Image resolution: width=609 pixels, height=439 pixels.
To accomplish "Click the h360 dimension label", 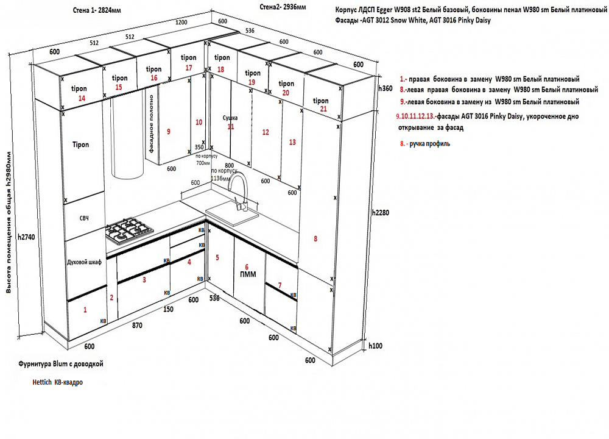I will [x=385, y=88].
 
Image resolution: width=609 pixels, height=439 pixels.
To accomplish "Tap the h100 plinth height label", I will [x=376, y=346].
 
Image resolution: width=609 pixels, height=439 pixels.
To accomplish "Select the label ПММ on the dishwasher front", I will [x=247, y=274].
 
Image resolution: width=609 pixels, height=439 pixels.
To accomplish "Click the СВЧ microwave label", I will [x=84, y=218].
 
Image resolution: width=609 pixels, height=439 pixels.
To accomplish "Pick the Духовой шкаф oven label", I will [x=84, y=262].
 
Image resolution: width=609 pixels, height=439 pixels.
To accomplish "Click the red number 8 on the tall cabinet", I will [x=315, y=238].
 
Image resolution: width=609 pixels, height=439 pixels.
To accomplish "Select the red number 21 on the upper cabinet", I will [x=323, y=109].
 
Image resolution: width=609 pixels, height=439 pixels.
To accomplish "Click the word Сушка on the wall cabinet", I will [x=230, y=117].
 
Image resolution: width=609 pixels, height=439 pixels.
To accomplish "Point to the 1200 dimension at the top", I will [x=181, y=22].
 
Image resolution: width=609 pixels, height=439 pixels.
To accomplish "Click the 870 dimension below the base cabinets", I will [x=137, y=325].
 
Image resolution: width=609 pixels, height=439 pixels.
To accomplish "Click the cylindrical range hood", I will [x=127, y=140].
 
